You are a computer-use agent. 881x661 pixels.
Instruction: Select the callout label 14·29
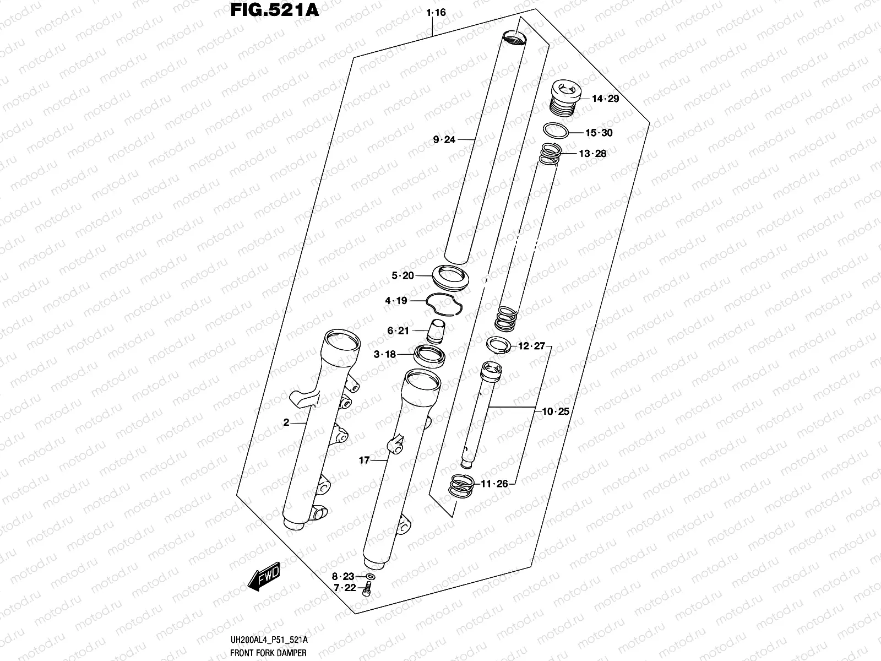click(x=605, y=99)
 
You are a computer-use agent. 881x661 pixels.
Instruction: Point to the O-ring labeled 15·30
click(x=556, y=132)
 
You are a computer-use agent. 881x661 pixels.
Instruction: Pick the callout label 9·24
click(x=444, y=140)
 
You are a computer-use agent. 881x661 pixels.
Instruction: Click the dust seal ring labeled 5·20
click(x=450, y=277)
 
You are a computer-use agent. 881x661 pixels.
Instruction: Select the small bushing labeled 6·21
click(x=437, y=330)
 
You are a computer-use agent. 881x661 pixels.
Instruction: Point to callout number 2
click(x=286, y=422)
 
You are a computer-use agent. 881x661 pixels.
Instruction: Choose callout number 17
click(x=364, y=460)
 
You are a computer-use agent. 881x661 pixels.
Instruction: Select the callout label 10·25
click(x=556, y=411)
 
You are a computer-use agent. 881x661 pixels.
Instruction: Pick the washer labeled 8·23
click(x=369, y=577)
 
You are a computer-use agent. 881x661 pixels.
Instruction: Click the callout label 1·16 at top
click(x=436, y=12)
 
